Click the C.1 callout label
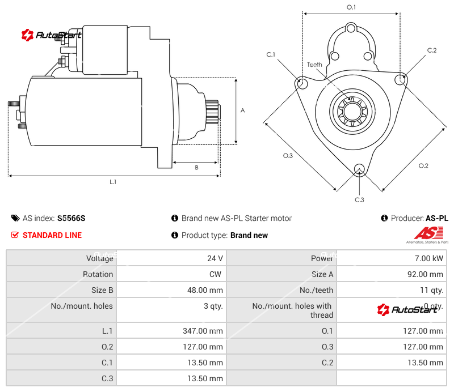pyautogui.click(x=271, y=54)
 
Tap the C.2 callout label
pyautogui.click(x=432, y=50)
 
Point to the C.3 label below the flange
pyautogui.click(x=359, y=199)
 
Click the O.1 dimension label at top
pyautogui.click(x=351, y=7)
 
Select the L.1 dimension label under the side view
pyautogui.click(x=113, y=182)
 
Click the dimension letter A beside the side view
pyautogui.click(x=242, y=110)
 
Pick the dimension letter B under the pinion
pyautogui.click(x=196, y=167)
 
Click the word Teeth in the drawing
pyautogui.click(x=314, y=65)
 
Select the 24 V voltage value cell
pyautogui.click(x=215, y=258)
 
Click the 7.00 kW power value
pyautogui.click(x=430, y=258)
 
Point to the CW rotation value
pyautogui.click(x=217, y=274)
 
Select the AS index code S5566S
pyautogui.click(x=72, y=218)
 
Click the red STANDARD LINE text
pyautogui.click(x=52, y=235)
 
